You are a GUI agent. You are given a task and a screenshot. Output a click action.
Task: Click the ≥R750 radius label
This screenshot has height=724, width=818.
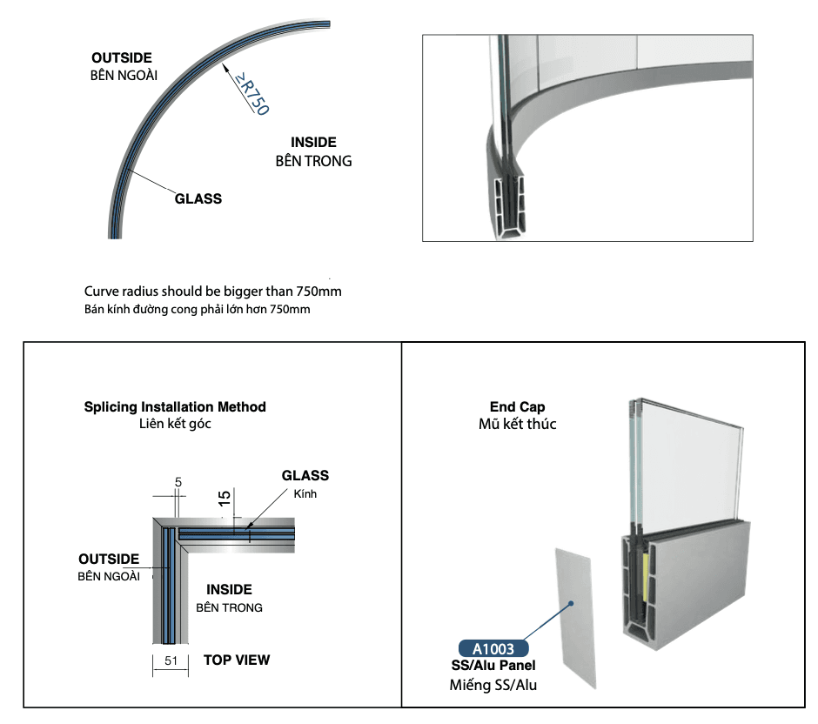251,93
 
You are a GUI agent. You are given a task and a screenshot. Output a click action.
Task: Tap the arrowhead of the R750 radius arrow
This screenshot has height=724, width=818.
225,67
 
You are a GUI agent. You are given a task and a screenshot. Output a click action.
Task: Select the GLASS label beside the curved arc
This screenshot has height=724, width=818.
198,198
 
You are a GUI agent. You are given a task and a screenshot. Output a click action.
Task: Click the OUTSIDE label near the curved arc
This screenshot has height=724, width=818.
122,57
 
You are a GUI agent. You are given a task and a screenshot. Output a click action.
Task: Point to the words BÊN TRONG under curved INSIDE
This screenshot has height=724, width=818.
313,161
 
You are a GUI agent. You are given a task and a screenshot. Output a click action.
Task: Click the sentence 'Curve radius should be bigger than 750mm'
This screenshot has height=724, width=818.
213,291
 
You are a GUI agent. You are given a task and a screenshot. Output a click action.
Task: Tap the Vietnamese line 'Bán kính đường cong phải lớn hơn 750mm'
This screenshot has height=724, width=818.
198,309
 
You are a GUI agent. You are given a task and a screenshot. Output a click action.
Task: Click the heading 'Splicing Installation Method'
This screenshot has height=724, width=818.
175,407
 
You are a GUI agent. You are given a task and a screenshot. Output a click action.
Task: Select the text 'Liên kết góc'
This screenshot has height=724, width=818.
175,424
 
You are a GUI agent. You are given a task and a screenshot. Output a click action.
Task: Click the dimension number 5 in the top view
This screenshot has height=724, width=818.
178,482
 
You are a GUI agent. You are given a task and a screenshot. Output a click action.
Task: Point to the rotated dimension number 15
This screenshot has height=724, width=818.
224,498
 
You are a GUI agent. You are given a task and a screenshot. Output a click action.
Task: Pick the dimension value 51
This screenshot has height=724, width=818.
171,660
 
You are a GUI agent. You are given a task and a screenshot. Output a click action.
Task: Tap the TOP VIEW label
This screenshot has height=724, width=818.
237,660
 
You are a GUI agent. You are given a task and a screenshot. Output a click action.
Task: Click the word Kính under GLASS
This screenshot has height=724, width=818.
305,493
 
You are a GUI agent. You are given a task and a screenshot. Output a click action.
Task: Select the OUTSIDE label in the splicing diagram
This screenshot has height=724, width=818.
109,560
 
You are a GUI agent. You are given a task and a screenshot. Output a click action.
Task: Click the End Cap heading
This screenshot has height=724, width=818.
517,407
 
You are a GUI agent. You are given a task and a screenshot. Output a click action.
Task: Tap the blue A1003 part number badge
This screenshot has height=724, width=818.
493,648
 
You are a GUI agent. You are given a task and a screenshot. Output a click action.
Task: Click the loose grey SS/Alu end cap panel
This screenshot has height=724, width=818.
575,618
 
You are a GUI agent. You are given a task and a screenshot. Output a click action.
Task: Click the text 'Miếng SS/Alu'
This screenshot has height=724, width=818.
493,685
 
